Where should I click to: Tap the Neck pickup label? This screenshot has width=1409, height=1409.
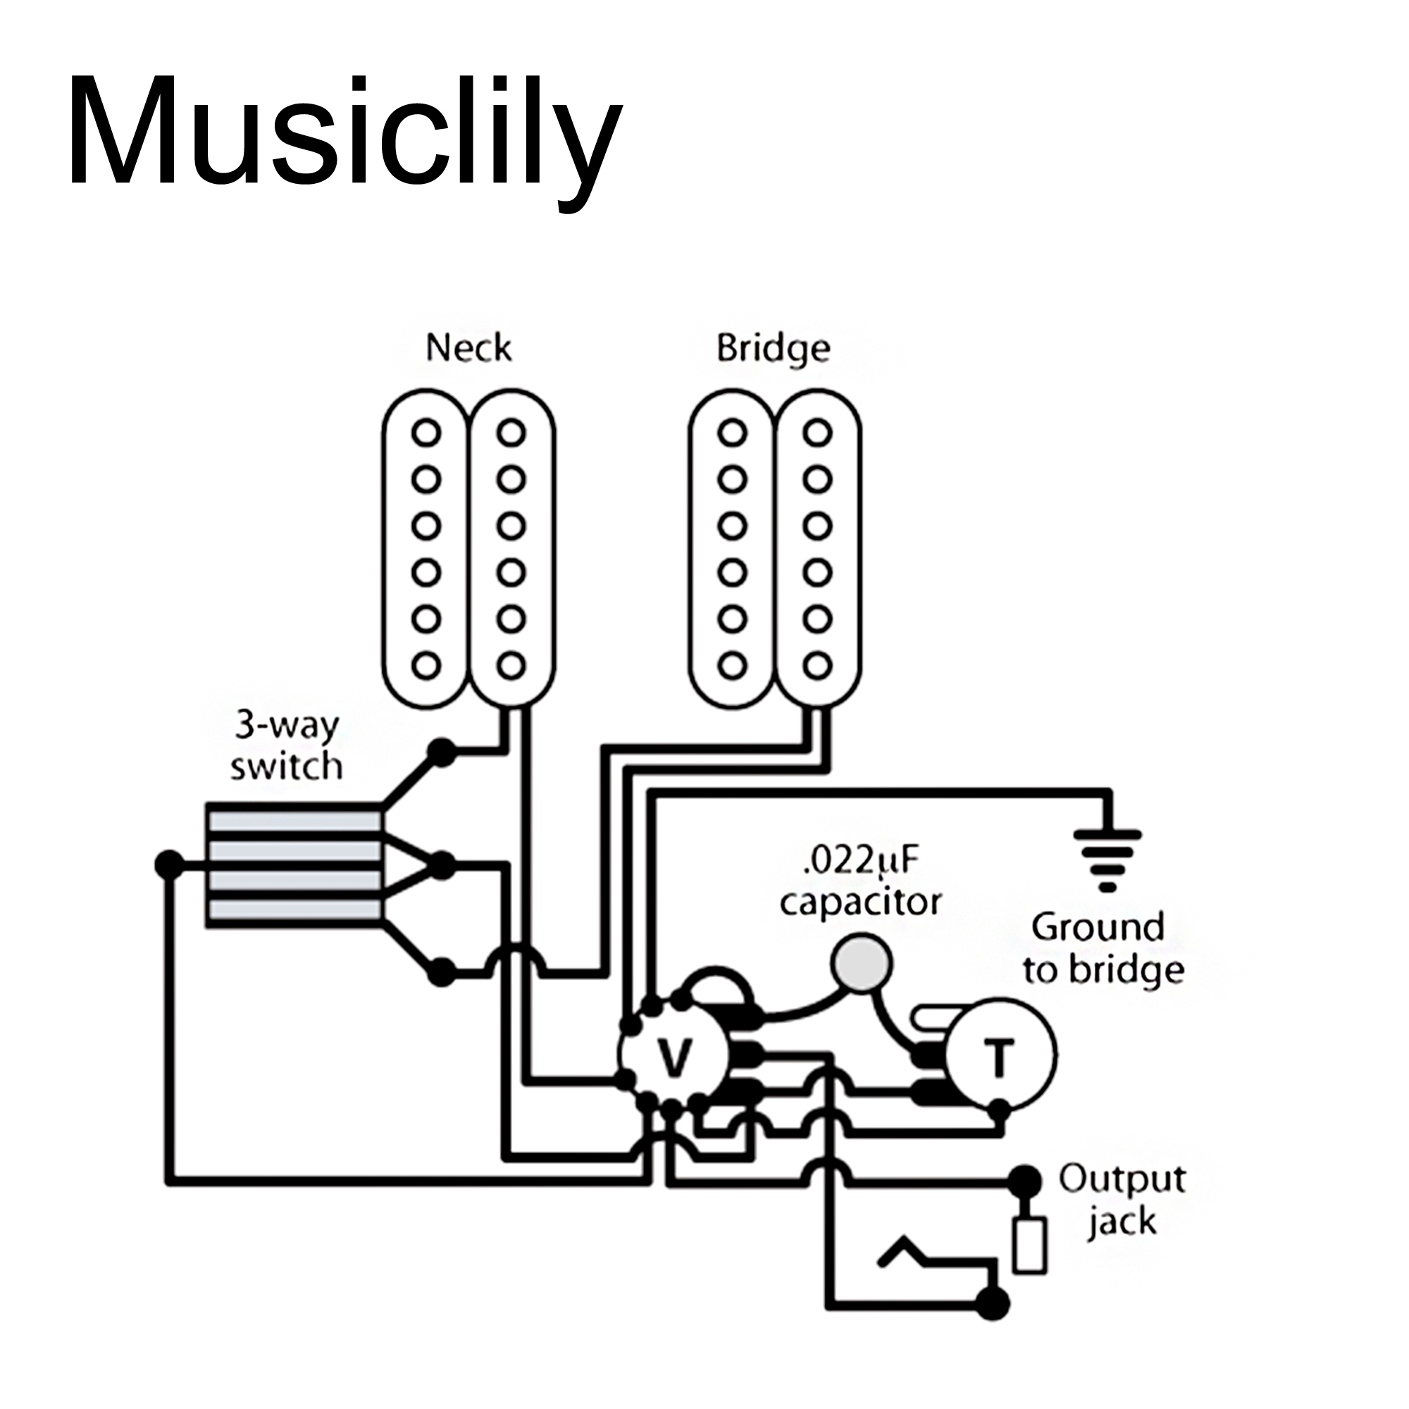[468, 348]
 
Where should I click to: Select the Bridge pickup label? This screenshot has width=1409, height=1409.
[772, 348]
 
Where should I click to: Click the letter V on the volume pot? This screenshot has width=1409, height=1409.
[675, 1057]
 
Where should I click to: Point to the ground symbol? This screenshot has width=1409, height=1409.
[1107, 861]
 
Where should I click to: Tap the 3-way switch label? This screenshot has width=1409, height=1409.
[286, 746]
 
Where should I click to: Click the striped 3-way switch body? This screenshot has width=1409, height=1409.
[294, 866]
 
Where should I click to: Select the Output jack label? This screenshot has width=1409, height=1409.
[1122, 1200]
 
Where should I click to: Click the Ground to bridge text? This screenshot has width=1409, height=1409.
[1103, 949]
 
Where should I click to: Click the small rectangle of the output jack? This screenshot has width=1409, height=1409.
[1029, 1245]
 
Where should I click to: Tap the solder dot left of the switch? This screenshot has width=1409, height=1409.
[169, 865]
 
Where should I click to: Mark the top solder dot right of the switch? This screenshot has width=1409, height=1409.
[441, 752]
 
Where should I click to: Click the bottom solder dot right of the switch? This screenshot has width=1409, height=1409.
[441, 972]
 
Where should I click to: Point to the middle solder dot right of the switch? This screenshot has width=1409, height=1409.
[441, 866]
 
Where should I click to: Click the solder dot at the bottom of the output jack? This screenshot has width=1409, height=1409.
[993, 1303]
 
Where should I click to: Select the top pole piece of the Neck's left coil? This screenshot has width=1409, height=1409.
[427, 433]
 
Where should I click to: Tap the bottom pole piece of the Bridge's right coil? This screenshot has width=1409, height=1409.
[817, 665]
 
